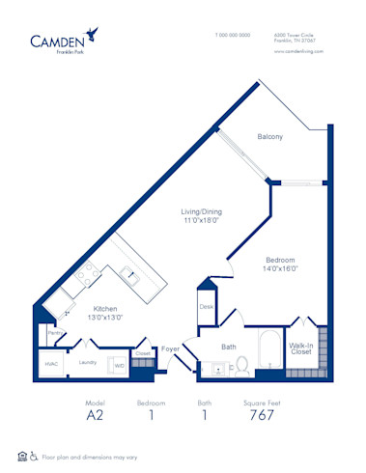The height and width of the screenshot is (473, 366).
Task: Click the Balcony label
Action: click(x=269, y=137)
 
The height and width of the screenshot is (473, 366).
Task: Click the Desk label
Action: click(x=206, y=307)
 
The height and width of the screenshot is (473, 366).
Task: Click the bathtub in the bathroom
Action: click(x=269, y=348)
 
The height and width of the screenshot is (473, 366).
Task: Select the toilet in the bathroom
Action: click(x=242, y=365)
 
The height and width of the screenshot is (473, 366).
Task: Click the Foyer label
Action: click(x=170, y=348)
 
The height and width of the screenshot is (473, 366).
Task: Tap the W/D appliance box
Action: click(x=120, y=365)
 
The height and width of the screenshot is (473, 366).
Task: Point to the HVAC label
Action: click(x=51, y=363)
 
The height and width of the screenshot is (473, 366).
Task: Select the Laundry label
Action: click(x=87, y=363)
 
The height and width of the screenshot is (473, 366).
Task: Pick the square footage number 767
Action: click(x=261, y=415)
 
